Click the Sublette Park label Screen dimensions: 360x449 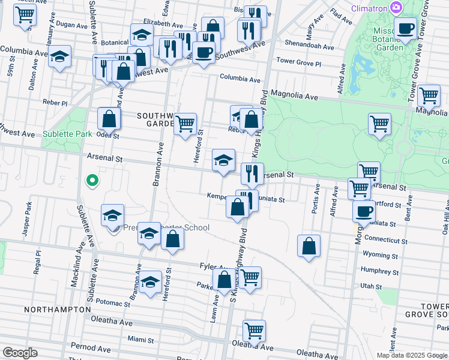click(67, 134)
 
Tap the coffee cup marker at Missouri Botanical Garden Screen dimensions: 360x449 click(406, 28)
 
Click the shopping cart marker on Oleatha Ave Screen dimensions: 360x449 click(255, 331)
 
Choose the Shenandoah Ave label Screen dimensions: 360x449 click(309, 46)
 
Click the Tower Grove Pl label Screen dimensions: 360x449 click(299, 62)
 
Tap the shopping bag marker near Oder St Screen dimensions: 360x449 click(109, 119)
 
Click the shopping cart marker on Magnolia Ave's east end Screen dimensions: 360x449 click(429, 95)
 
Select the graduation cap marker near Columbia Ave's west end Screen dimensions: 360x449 click(59, 57)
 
